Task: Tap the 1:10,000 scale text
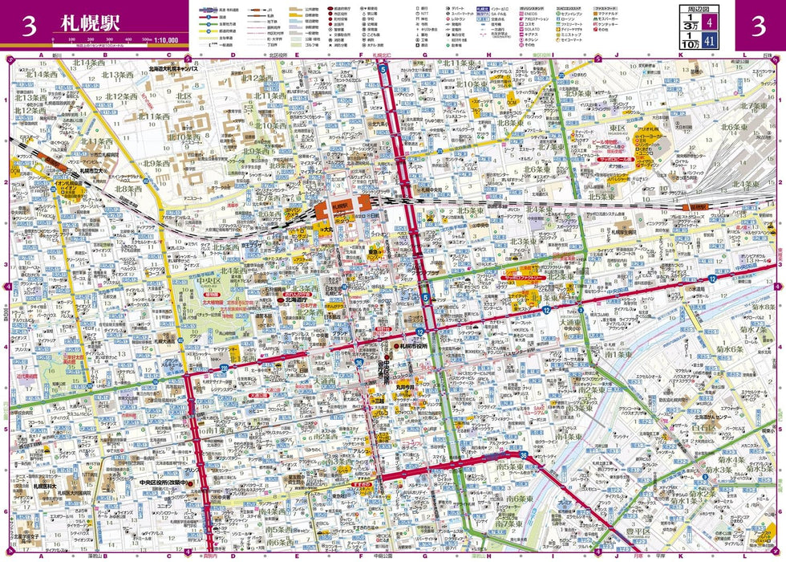click(x=164, y=38)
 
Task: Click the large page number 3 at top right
click(x=757, y=26)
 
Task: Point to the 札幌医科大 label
click(x=45, y=486)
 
